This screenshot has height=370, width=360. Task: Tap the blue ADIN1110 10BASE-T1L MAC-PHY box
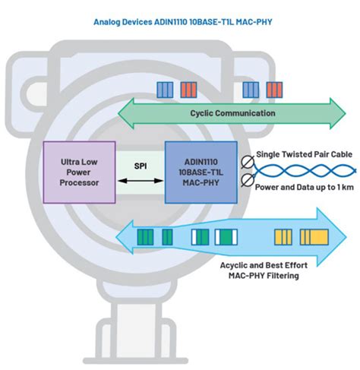(201, 170)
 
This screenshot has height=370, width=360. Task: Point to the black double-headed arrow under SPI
(140, 179)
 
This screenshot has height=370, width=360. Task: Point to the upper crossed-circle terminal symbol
(246, 162)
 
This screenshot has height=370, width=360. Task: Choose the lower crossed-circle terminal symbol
(246, 180)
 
